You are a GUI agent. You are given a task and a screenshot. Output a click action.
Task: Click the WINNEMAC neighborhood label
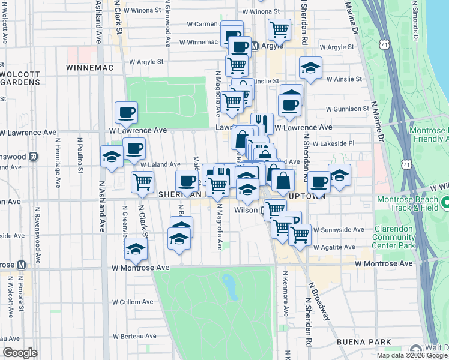[x=91, y=68]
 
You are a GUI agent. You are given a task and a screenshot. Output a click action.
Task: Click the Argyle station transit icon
[x=255, y=46]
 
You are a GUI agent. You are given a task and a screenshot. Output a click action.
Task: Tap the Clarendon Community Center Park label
[x=394, y=237]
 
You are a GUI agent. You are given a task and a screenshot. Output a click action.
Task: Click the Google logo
[x=20, y=353]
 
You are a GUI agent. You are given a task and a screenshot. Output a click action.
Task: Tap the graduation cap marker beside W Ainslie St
[x=311, y=69]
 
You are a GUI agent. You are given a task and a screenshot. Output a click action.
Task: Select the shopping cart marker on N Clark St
[x=142, y=181]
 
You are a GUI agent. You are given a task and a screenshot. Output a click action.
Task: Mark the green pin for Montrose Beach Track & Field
[x=445, y=204]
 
